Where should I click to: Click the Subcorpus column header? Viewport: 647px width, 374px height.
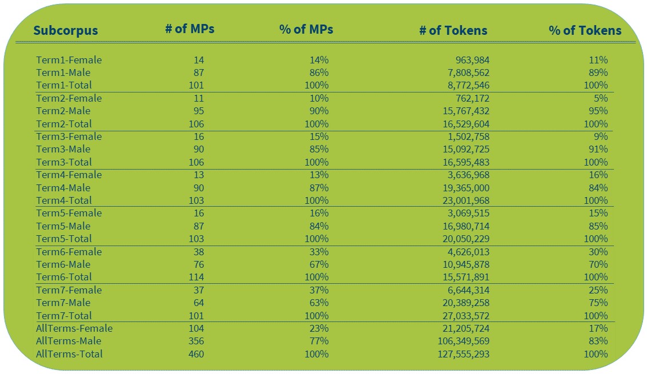click(x=65, y=31)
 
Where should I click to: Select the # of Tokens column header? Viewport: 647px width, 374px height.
click(x=453, y=31)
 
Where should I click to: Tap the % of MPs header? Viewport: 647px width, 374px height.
click(x=306, y=30)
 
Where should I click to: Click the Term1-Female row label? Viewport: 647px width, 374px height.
click(x=69, y=60)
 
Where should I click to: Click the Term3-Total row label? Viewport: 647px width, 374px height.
click(x=65, y=162)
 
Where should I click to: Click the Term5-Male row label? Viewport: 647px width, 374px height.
click(x=63, y=226)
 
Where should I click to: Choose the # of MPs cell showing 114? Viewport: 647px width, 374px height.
click(x=196, y=277)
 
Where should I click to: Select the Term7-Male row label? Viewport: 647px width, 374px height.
click(x=63, y=303)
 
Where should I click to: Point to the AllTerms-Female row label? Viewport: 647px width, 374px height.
click(x=74, y=328)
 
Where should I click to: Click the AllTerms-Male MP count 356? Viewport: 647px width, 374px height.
click(x=196, y=341)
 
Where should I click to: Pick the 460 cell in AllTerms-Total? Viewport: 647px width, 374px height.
click(x=196, y=354)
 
